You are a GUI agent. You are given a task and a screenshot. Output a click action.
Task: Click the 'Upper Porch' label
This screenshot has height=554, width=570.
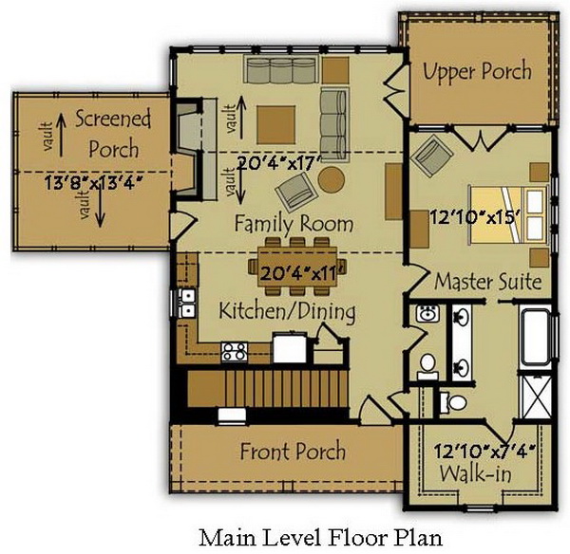pos(477,71)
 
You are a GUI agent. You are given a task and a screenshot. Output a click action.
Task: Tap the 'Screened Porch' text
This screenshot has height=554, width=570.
pos(113,134)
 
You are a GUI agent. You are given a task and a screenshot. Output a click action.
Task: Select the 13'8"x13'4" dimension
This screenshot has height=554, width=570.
pos(93,182)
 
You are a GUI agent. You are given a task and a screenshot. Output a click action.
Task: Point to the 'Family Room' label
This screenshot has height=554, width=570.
pos(294,223)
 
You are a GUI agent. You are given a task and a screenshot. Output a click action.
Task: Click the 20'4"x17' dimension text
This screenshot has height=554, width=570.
pos(279,163)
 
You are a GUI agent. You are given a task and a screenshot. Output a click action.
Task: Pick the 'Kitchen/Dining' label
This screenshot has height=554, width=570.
pos(287,311)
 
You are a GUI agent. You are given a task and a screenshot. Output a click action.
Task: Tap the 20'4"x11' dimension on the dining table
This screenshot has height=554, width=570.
pos(297,273)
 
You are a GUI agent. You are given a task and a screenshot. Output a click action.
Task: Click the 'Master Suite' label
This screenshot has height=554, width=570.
pos(488,282)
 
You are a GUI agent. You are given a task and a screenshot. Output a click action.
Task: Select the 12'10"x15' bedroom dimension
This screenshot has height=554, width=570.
pos(474,217)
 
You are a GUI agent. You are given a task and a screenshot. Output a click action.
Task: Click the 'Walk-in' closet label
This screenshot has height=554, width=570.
pos(476,473)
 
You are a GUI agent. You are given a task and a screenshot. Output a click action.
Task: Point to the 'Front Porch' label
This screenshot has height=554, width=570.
pos(293,451)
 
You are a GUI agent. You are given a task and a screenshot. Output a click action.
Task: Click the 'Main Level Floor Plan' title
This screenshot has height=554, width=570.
pos(321,538)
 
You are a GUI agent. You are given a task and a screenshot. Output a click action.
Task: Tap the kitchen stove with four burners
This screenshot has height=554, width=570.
pos(235,352)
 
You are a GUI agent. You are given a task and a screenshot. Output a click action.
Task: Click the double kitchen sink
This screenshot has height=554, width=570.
pos(187,302)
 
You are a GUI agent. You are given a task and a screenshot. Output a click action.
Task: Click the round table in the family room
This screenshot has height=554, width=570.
pos(332,179)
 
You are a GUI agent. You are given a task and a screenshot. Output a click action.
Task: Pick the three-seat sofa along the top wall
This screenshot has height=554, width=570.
pos(280,69)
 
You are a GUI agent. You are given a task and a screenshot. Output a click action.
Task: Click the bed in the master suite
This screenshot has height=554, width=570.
pos(508,214)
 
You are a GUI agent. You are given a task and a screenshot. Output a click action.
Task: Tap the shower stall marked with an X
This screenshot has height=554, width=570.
pos(536,397)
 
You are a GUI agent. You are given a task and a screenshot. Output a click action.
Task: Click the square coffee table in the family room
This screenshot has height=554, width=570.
pos(275,124)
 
